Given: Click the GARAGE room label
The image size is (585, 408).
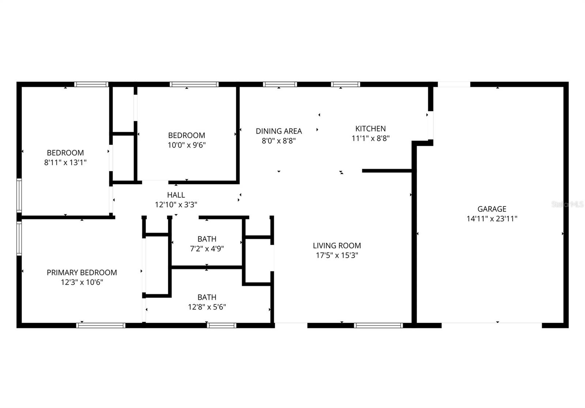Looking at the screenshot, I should [x=492, y=209].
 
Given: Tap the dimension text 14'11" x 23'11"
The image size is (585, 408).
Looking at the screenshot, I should [x=492, y=219].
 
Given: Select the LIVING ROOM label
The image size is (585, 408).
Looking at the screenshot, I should [x=337, y=245].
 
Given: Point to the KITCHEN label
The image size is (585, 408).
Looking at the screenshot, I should [x=370, y=129].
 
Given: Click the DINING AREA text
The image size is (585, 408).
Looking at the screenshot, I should [x=279, y=131].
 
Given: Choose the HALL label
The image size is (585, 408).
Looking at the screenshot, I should [x=176, y=195].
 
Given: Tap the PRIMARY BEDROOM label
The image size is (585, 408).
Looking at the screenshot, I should [x=82, y=272].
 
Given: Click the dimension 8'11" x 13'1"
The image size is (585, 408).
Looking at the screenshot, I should [x=65, y=162].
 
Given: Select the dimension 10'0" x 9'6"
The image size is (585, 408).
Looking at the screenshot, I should [x=186, y=145].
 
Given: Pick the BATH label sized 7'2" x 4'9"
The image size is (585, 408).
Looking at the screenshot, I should [x=207, y=239].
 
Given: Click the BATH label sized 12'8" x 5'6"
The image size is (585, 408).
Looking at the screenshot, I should [x=207, y=297].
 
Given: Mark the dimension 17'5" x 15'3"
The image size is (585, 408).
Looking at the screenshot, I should [x=337, y=255].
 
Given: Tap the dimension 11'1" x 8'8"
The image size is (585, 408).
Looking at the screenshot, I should [x=370, y=138].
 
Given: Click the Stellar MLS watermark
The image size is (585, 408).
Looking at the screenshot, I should [x=567, y=204].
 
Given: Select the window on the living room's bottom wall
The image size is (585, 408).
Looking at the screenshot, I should [x=378, y=325].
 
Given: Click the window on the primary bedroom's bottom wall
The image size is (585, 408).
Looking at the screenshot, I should [x=101, y=325].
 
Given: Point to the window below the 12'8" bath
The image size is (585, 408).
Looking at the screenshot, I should [x=222, y=325].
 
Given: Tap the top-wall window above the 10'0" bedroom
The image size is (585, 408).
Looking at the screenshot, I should [x=194, y=84].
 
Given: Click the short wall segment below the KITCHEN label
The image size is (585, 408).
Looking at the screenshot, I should [x=388, y=171].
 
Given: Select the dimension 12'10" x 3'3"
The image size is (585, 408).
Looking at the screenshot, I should [x=176, y=205].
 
